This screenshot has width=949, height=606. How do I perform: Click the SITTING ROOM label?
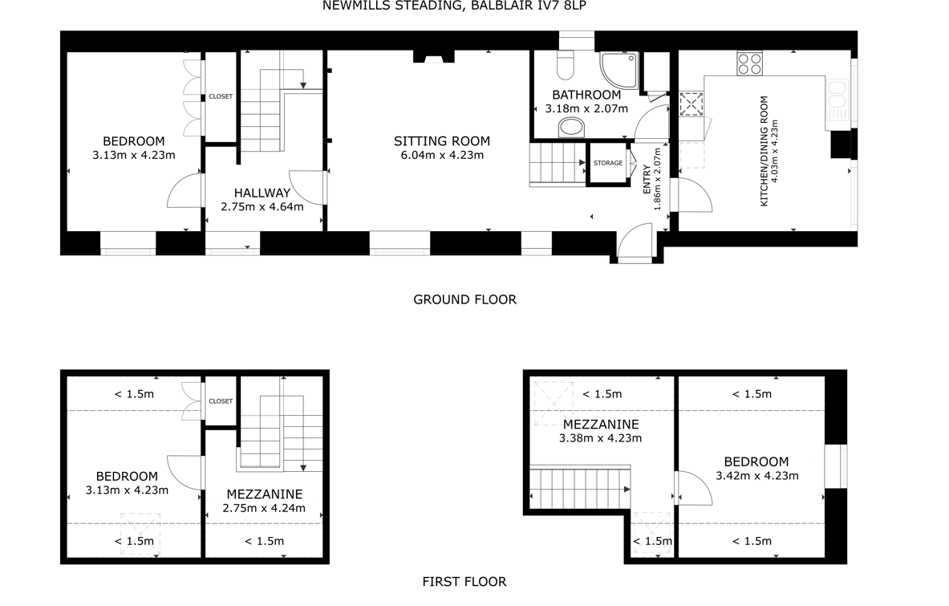click(x=442, y=141)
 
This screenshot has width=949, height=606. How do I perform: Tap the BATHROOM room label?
click(x=586, y=95)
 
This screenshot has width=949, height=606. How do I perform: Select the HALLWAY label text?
click(x=262, y=193)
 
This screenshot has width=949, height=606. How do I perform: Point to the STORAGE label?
click(x=607, y=163)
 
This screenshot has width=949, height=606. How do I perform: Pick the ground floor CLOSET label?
click(x=221, y=96)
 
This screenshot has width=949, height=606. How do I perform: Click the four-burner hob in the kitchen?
click(x=750, y=63)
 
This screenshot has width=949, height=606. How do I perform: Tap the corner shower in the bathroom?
click(x=619, y=70)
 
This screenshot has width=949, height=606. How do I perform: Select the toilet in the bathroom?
click(x=566, y=65)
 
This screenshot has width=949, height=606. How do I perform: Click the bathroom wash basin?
click(x=572, y=128)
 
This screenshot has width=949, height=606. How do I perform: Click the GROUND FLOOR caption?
click(x=464, y=299)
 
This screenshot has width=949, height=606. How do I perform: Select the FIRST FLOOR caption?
click(x=464, y=582)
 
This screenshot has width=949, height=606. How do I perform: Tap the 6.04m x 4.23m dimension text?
click(x=442, y=156)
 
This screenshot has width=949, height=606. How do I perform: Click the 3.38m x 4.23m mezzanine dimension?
click(x=600, y=438)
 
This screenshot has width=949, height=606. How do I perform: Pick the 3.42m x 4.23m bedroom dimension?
click(x=757, y=476)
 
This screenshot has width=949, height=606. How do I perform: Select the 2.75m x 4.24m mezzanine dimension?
click(x=264, y=509)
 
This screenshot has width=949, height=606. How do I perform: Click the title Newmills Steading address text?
click(x=454, y=6)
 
